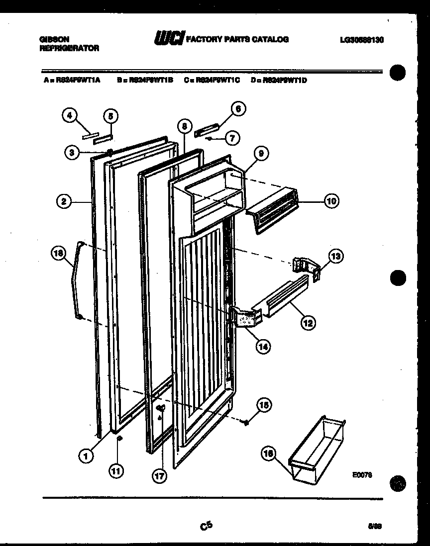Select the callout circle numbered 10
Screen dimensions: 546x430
[331, 201]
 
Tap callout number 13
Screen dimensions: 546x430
[336, 256]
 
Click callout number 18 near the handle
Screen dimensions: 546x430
[59, 254]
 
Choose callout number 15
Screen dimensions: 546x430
[264, 406]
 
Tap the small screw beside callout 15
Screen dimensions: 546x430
[245, 422]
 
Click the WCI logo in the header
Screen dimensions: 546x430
[169, 38]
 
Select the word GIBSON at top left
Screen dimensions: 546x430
[53, 39]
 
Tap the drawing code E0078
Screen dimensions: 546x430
[362, 475]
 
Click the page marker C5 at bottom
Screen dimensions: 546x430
[206, 525]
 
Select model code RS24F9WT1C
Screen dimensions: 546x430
[212, 79]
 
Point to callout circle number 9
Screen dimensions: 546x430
[260, 154]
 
